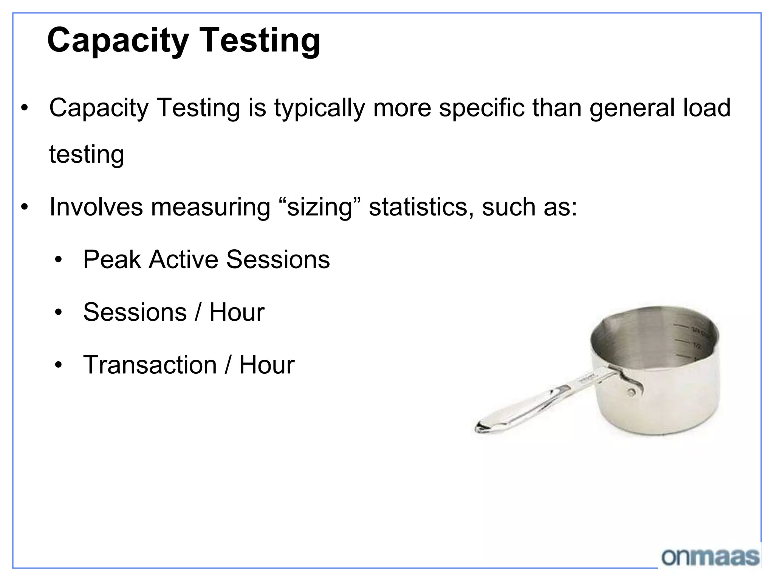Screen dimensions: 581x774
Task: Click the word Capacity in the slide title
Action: [x=118, y=41]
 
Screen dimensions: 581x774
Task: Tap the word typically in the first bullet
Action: [x=319, y=109]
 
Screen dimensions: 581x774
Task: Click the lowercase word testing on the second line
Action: [x=87, y=155]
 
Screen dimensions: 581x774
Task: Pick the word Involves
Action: [x=96, y=207]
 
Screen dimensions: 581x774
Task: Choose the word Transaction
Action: [x=150, y=365]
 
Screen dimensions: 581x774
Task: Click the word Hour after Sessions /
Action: [x=237, y=312]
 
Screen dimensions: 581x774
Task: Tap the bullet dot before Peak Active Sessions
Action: [x=58, y=260]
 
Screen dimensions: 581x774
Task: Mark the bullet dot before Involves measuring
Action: [x=25, y=207]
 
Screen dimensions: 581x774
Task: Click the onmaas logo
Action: [x=710, y=557]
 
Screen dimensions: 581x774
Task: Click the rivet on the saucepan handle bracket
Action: [x=632, y=392]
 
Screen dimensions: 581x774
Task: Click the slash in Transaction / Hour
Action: [x=228, y=365]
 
